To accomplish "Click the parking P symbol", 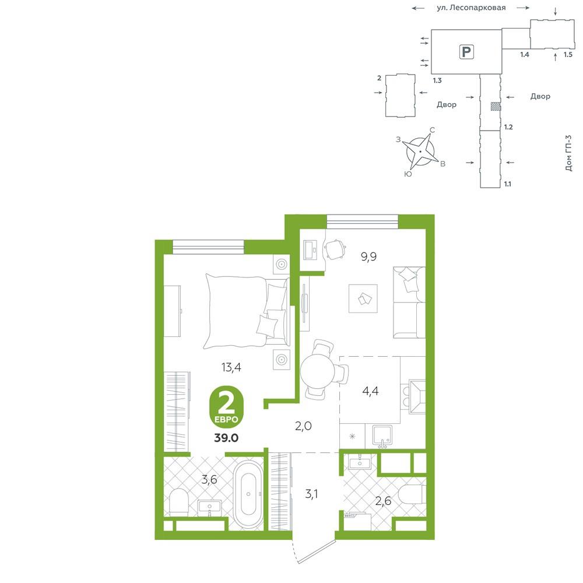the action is pyautogui.click(x=466, y=52).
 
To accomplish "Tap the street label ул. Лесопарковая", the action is pyautogui.click(x=471, y=8).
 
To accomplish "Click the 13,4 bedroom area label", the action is pyautogui.click(x=231, y=367).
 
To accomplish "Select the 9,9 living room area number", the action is pyautogui.click(x=369, y=257).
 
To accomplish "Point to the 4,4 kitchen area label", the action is pyautogui.click(x=370, y=391).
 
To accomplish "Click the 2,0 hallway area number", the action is pyautogui.click(x=303, y=426).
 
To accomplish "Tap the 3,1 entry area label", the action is pyautogui.click(x=311, y=494).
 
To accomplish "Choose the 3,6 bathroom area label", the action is pyautogui.click(x=209, y=480).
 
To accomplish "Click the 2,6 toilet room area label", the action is pyautogui.click(x=384, y=501).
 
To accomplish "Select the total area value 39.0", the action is pyautogui.click(x=226, y=438).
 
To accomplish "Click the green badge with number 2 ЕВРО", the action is pyautogui.click(x=226, y=408).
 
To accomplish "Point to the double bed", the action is pyautogui.click(x=247, y=311).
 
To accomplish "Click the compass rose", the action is pyautogui.click(x=421, y=152).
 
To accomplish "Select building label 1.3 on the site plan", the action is pyautogui.click(x=437, y=80).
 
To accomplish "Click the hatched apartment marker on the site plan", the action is pyautogui.click(x=495, y=106).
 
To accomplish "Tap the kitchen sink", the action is pyautogui.click(x=382, y=436).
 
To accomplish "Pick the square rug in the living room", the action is pyautogui.click(x=363, y=298).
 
